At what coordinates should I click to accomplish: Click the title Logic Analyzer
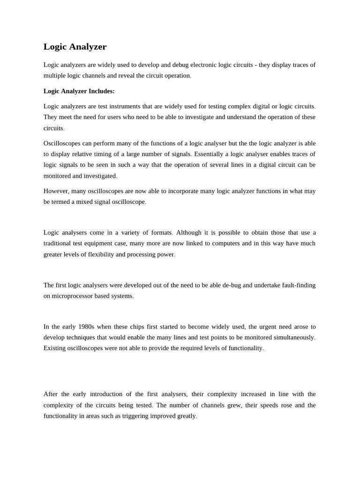pyautogui.click(x=75, y=47)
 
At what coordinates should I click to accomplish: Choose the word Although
pyautogui.click(x=190, y=233)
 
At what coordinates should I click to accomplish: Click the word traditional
pyautogui.click(x=60, y=244)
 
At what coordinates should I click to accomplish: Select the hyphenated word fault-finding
pyautogui.click(x=297, y=285)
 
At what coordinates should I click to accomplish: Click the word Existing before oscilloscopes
pyautogui.click(x=55, y=348)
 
